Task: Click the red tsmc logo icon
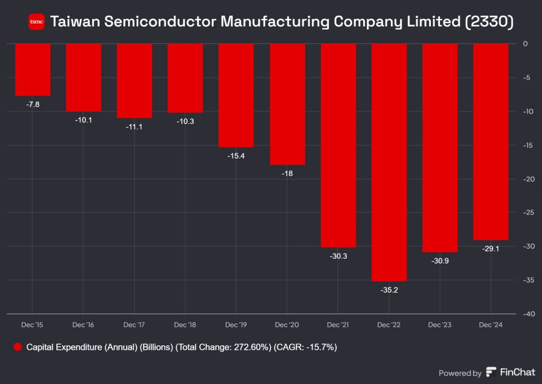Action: [x=36, y=22]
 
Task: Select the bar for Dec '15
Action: [x=32, y=70]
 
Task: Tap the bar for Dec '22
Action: [x=389, y=162]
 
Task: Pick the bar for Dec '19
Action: [x=236, y=96]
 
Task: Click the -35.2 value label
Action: [x=389, y=290]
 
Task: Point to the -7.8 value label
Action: [x=32, y=104]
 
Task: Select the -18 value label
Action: [x=287, y=173]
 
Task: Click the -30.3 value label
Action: [x=338, y=256]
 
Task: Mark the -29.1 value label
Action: [x=491, y=248]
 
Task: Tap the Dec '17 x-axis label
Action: [x=134, y=325]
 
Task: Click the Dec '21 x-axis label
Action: [x=338, y=325]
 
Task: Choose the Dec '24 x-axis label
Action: [x=491, y=325]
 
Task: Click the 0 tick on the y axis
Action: [x=525, y=43]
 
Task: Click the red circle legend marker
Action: [x=17, y=348]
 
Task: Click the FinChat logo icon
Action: [x=491, y=372]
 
